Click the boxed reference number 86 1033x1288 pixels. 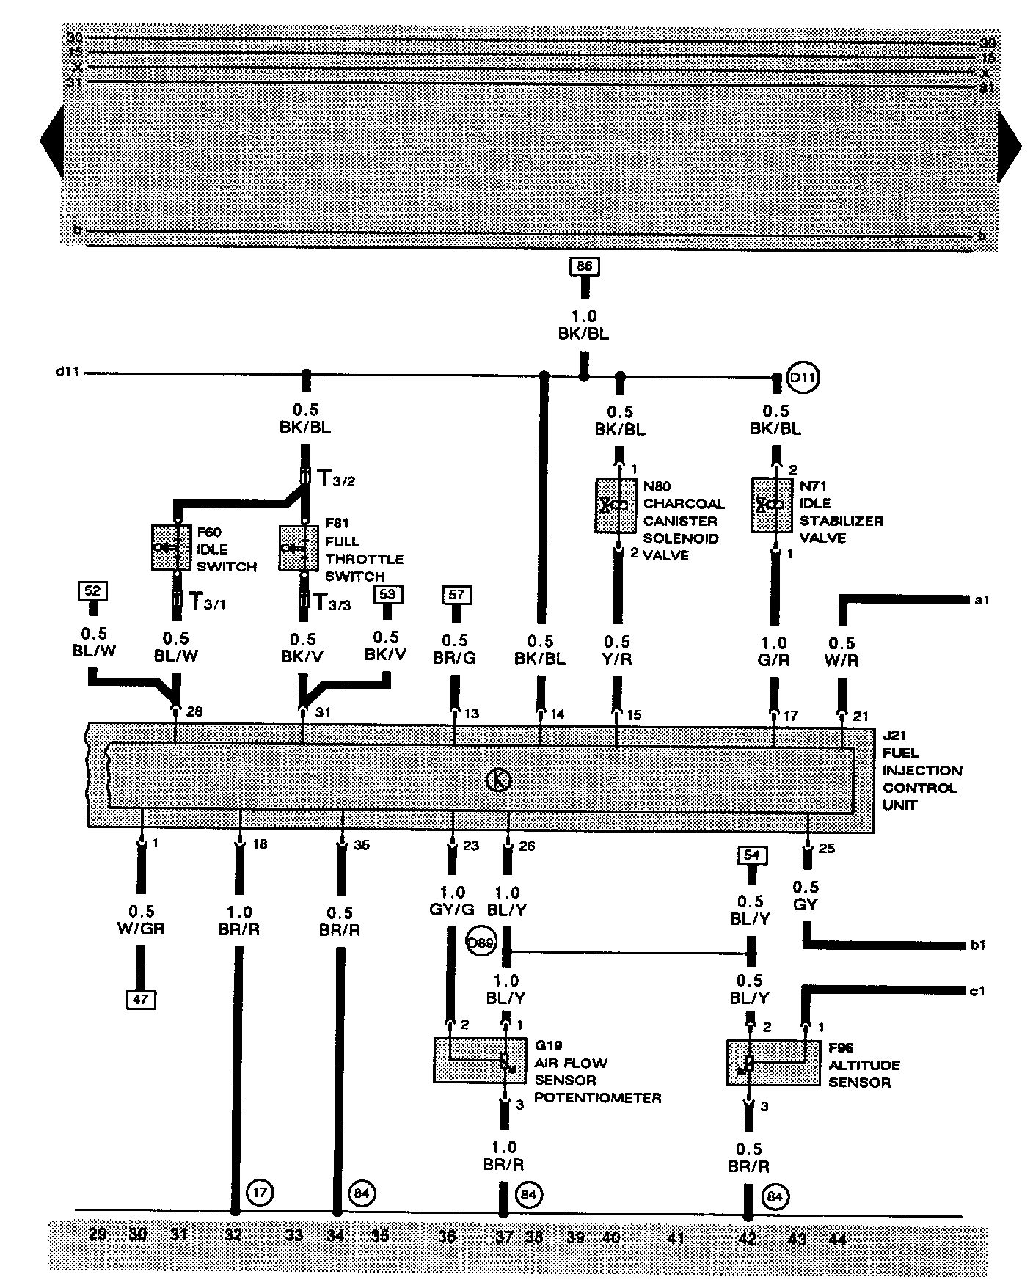[584, 266]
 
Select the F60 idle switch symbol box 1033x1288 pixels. [172, 546]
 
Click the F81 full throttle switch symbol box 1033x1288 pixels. [299, 547]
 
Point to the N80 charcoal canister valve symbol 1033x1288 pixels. [616, 505]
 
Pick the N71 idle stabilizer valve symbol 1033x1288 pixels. [773, 505]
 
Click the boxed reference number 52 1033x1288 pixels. [93, 590]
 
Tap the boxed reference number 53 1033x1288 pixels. [388, 593]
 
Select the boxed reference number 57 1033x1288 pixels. [456, 594]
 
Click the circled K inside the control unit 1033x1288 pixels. [499, 780]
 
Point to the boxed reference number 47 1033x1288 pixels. [140, 999]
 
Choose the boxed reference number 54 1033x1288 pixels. [751, 855]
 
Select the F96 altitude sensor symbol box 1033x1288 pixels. [773, 1062]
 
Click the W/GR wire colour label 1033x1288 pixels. [142, 929]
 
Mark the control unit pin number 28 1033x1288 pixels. [194, 711]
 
